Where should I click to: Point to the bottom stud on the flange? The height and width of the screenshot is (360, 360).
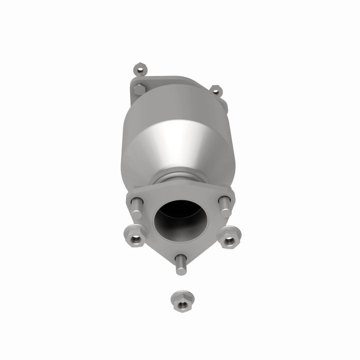click(x=180, y=263)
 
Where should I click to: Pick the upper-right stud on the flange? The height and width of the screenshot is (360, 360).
click(x=224, y=204)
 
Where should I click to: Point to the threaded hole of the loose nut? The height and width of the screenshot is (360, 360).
click(x=178, y=298)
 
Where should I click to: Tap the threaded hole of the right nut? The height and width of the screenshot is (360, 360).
click(x=228, y=240)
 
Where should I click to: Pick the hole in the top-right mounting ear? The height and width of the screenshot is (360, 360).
click(x=215, y=90)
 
